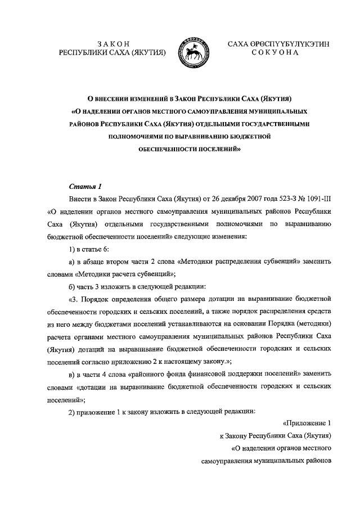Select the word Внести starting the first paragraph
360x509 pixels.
(79, 200)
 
